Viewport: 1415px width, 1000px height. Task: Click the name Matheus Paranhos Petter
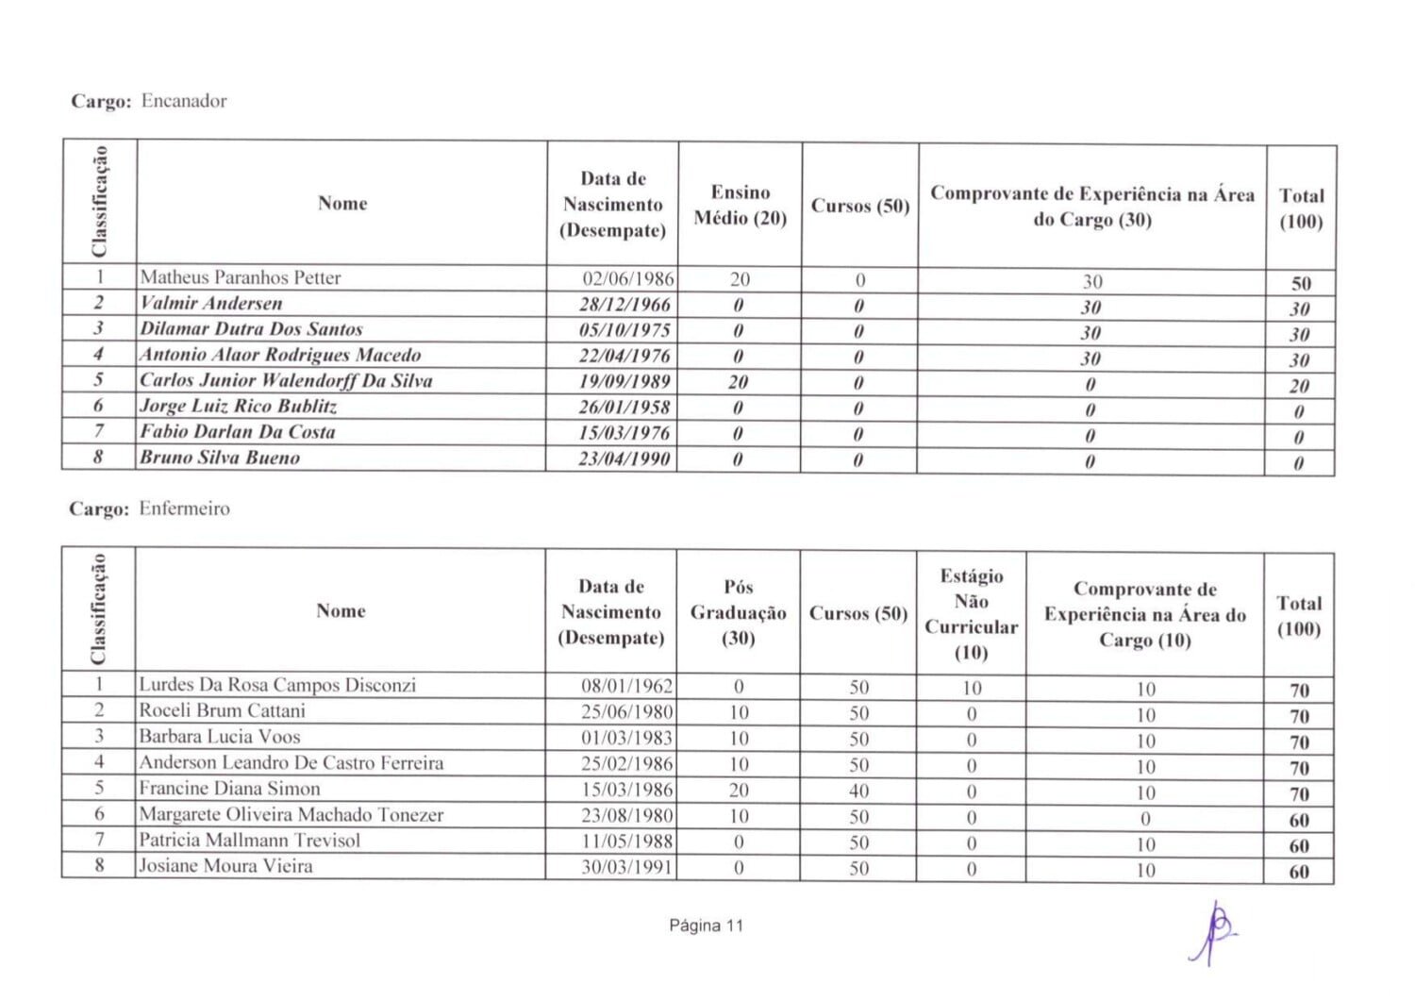tap(240, 277)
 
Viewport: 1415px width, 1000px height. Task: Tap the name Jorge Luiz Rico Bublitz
tap(238, 407)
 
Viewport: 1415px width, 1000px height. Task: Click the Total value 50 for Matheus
tap(1301, 283)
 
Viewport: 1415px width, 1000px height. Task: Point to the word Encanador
tap(184, 101)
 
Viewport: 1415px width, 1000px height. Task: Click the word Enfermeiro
tap(184, 508)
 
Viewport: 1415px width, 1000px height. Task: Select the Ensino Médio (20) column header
tap(741, 205)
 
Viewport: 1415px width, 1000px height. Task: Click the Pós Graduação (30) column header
tap(739, 612)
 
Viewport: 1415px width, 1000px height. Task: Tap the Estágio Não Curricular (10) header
tap(971, 614)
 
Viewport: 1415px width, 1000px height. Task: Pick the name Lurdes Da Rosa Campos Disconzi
tap(276, 685)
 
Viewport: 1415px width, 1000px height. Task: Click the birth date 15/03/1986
tap(626, 790)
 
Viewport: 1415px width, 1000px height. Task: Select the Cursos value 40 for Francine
tap(858, 792)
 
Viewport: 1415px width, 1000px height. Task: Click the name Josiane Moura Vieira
tap(225, 866)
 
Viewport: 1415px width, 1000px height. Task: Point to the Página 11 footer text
tap(707, 925)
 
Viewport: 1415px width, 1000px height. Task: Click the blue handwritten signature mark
tap(1216, 930)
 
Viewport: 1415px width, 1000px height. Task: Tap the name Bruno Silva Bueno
tap(220, 458)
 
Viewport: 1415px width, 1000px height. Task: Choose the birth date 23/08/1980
tap(626, 815)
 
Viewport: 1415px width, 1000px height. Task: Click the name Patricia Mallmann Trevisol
tap(249, 840)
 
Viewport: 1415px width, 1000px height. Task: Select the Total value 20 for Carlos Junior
tap(1299, 386)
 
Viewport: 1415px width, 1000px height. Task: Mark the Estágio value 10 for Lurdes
tap(972, 689)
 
